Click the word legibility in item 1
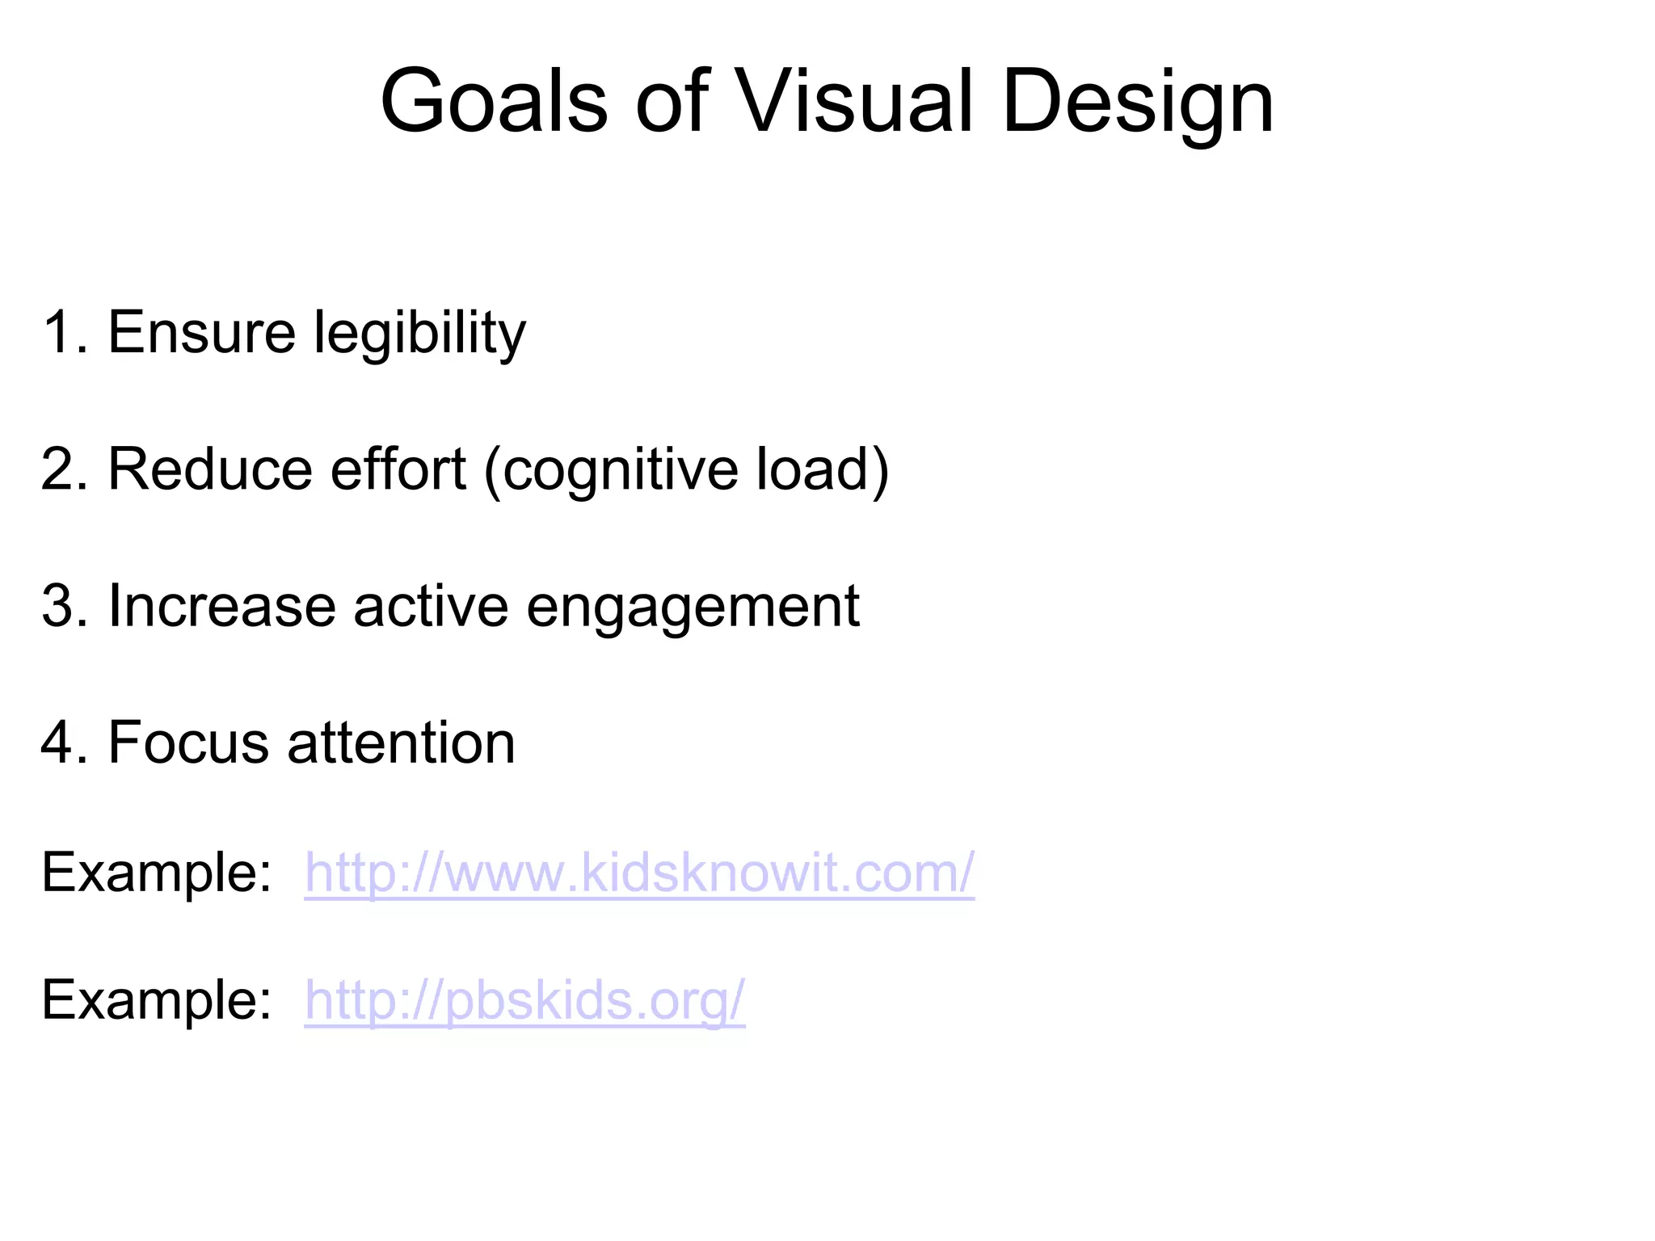click(x=419, y=333)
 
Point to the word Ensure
click(x=202, y=333)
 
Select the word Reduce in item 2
click(x=209, y=469)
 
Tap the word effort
click(x=398, y=469)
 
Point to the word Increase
click(x=221, y=606)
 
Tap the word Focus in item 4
click(x=188, y=742)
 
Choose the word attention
click(x=401, y=742)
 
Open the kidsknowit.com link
click(x=639, y=873)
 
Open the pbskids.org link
click(x=524, y=1000)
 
